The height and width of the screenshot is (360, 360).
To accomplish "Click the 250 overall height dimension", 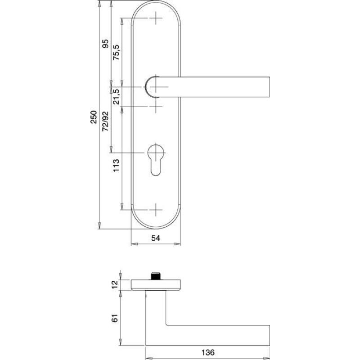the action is (94, 117).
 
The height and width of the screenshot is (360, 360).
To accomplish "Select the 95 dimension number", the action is (105, 44).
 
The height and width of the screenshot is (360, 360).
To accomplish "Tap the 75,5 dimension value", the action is (116, 52).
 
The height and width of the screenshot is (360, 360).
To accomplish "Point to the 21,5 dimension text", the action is (116, 97).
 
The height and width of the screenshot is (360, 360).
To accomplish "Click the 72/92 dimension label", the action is (105, 121).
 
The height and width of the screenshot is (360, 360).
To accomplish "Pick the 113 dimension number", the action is (116, 165).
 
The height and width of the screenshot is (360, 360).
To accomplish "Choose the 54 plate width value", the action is (156, 238).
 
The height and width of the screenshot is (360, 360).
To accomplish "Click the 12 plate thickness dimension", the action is (115, 285).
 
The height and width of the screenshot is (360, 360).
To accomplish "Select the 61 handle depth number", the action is (115, 318).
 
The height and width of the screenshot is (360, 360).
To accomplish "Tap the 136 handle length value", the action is (208, 352).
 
